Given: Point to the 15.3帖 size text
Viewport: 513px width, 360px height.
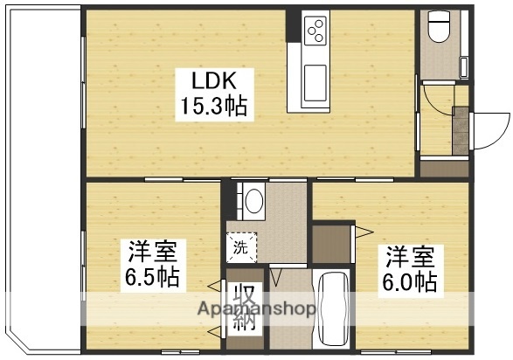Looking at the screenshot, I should tap(214, 107).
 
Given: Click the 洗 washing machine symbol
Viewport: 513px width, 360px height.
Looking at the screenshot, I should tap(242, 247).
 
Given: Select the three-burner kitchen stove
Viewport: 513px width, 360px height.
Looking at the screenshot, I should tap(315, 31).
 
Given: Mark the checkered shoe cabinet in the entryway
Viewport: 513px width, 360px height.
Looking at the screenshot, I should tap(459, 131).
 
